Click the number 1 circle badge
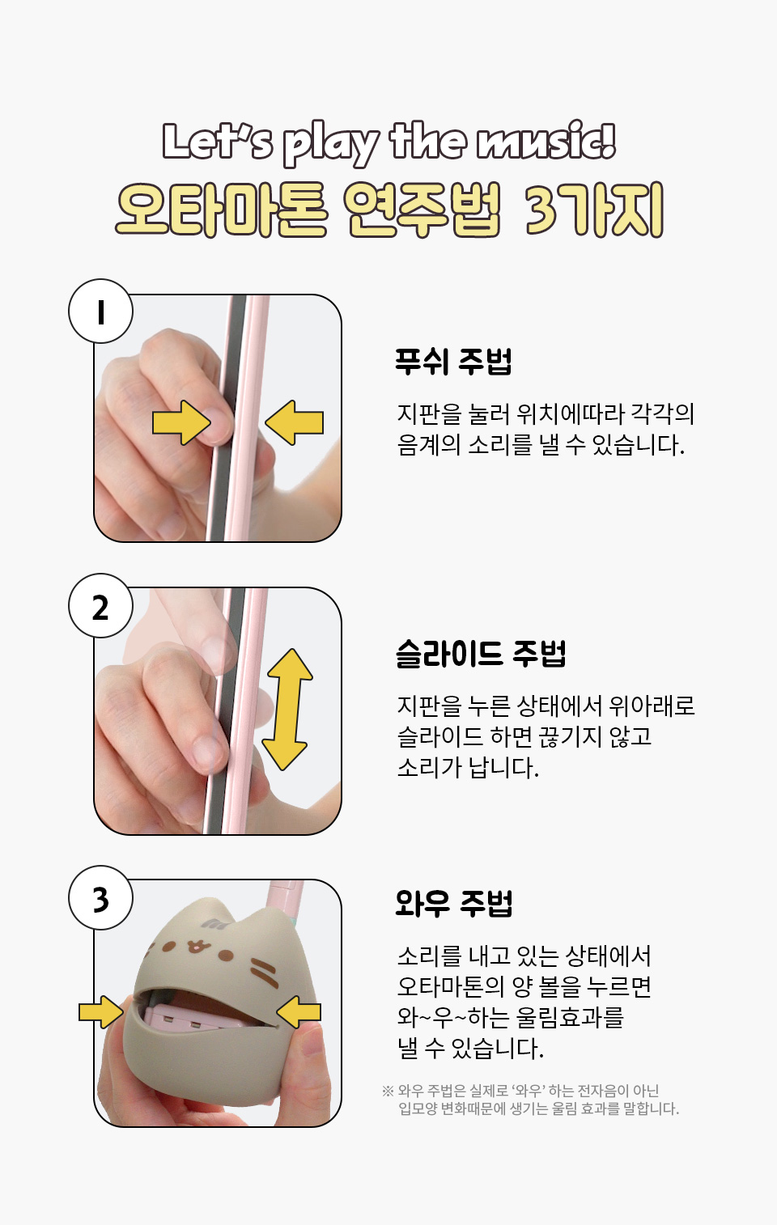pos(100,312)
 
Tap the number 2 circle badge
pos(100,606)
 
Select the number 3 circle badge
pos(100,898)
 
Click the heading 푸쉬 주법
pos(453,361)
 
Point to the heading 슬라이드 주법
pos(481,653)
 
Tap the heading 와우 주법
pos(453,903)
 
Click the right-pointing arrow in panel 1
pos(181,422)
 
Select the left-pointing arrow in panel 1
pos(295,422)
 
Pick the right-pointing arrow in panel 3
pos(101,1012)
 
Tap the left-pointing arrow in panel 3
pos(298,1012)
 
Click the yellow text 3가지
pos(594,210)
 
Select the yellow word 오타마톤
pos(222,210)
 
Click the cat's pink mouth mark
pos(195,946)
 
